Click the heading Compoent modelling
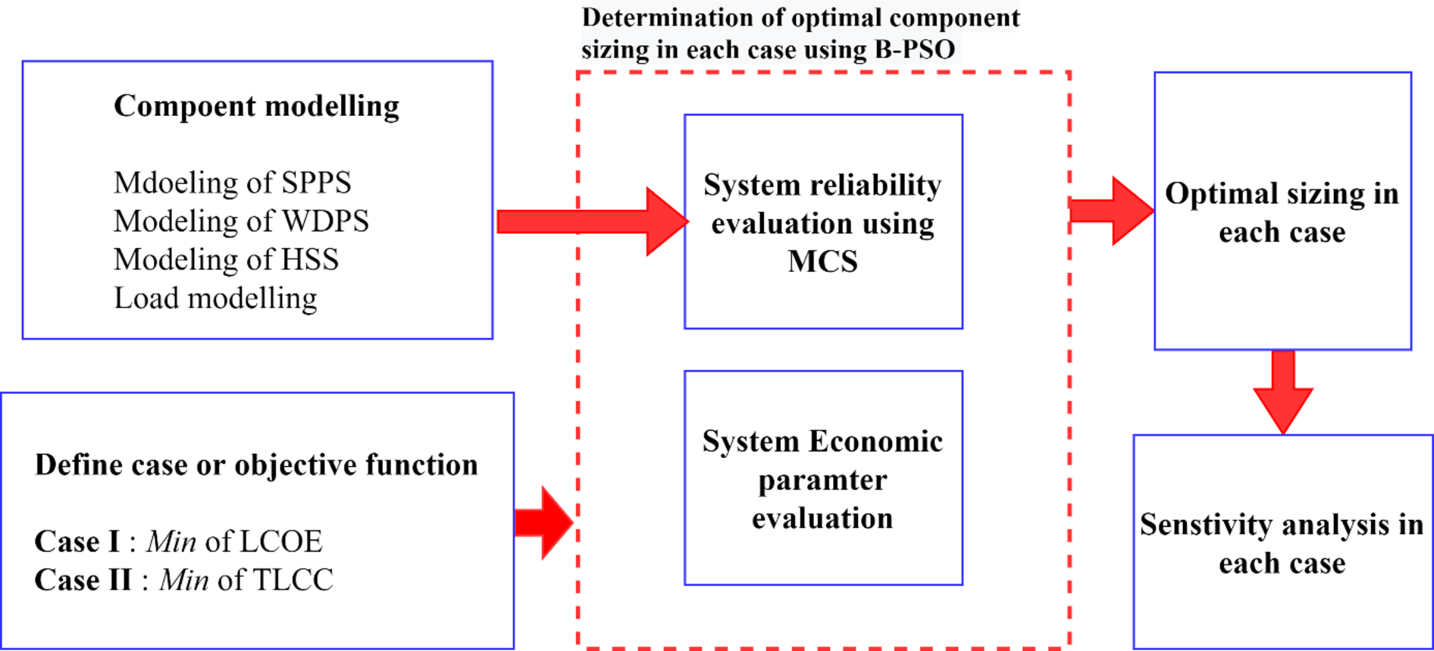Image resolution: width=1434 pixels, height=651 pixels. (256, 106)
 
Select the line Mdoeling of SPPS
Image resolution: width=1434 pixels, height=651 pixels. (232, 183)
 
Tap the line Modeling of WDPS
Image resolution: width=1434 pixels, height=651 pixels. (241, 221)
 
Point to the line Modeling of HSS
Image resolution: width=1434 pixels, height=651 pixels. (226, 260)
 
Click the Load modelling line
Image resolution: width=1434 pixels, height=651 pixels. (215, 299)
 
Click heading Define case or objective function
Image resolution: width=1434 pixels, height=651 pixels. (256, 465)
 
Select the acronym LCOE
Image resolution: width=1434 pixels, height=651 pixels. (280, 542)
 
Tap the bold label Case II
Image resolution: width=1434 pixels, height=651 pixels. (83, 581)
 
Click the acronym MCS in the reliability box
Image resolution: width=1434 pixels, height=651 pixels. (822, 261)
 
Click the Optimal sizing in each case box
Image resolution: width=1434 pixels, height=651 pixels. (1282, 212)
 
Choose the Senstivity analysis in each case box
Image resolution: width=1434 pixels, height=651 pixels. (1282, 543)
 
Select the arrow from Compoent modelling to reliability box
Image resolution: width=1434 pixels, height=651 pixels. (591, 221)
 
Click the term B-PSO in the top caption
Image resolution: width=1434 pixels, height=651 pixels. (914, 50)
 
